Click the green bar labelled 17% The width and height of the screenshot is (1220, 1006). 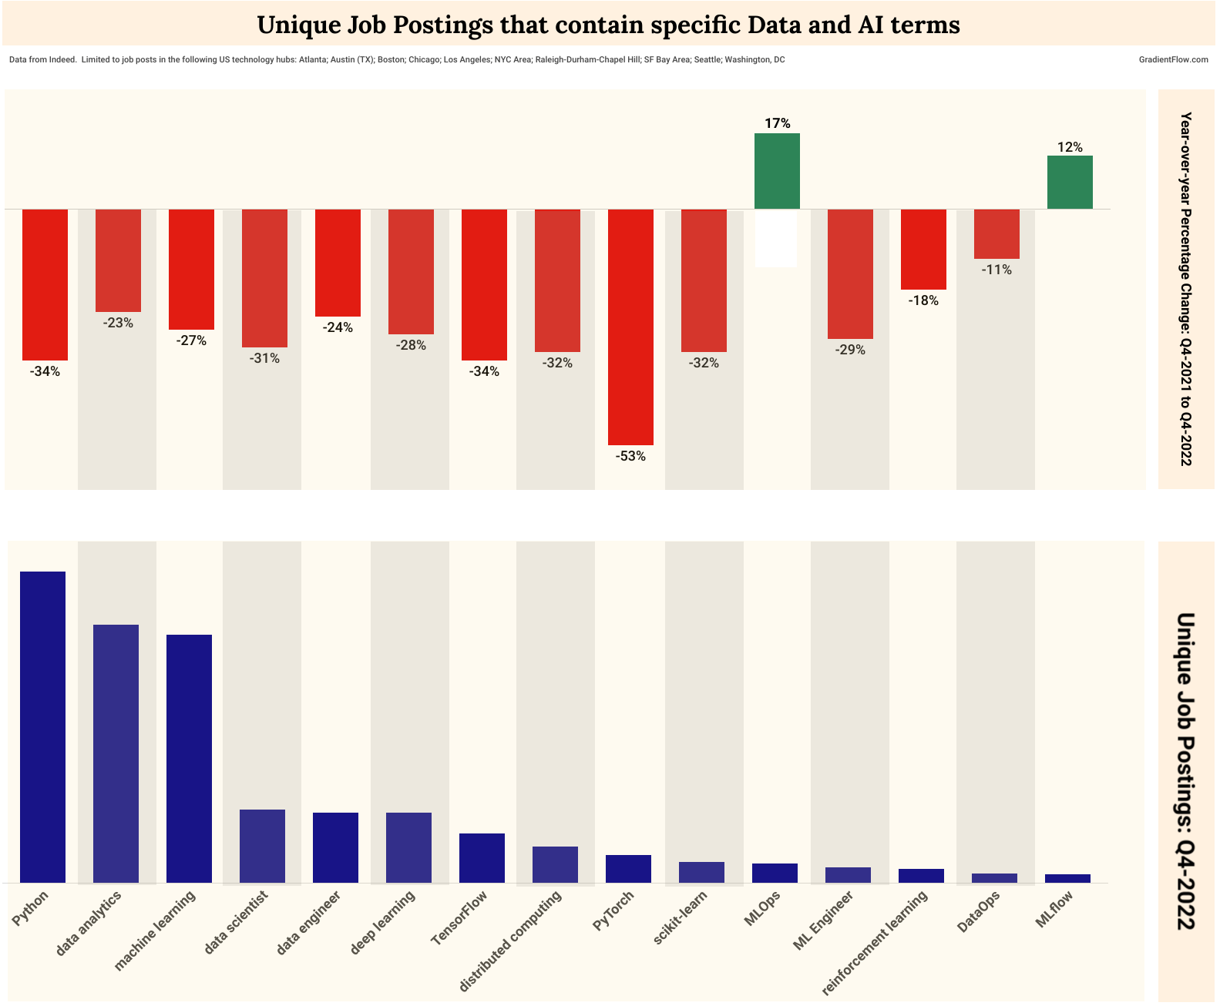pos(777,171)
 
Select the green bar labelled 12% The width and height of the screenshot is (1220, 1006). pos(1070,182)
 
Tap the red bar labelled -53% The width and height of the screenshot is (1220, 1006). pos(630,327)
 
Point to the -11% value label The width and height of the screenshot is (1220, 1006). pos(997,270)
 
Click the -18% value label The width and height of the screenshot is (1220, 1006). pos(923,300)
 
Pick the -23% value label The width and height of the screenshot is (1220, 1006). pos(118,323)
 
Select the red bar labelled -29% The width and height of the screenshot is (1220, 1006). pos(850,273)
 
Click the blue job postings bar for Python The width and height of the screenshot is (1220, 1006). pos(43,726)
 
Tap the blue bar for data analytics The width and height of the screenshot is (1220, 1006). pos(116,753)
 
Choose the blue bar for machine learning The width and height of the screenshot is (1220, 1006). pos(190,758)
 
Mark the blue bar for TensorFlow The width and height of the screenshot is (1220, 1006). pos(482,857)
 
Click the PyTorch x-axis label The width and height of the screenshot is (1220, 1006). pos(614,910)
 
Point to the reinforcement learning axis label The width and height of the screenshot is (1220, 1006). pos(875,943)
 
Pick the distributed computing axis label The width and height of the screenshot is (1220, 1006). pos(510,941)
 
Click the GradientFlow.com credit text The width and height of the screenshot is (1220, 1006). pos(1173,59)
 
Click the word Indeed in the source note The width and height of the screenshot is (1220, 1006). pos(62,59)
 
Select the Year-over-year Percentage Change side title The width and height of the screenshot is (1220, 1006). pos(1186,289)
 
